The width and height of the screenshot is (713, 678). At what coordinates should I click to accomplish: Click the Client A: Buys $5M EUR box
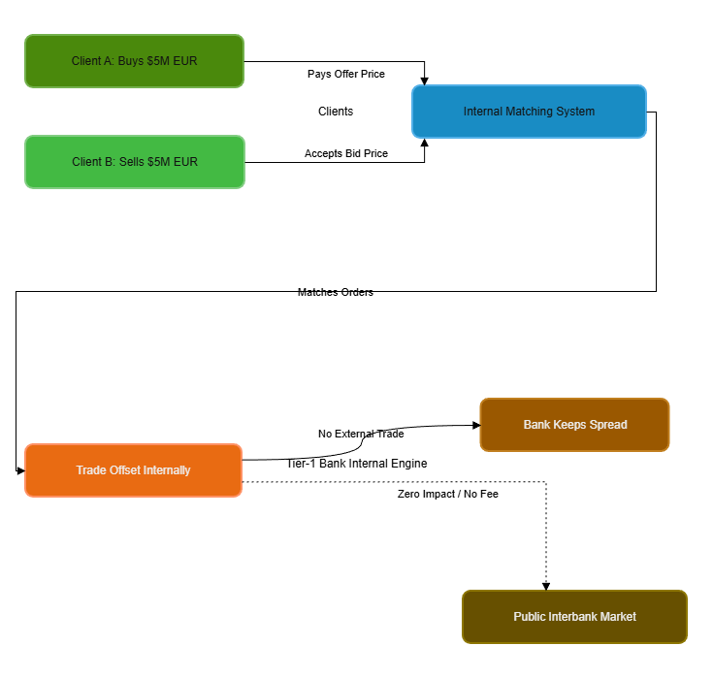coord(134,61)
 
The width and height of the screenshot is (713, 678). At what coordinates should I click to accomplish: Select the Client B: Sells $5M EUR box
coord(134,162)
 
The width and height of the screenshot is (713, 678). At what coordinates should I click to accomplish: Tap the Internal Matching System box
coord(529,112)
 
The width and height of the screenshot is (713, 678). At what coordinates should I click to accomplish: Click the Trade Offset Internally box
coord(133,470)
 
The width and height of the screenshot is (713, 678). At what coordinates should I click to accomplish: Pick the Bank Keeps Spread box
coord(574,425)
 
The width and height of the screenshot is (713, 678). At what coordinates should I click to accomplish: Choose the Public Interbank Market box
coord(574,617)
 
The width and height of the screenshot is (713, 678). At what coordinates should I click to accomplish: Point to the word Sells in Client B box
coord(133,162)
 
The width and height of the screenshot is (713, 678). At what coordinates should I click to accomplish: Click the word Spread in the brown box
coord(608,425)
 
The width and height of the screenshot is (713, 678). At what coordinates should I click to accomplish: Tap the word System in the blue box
coord(575,112)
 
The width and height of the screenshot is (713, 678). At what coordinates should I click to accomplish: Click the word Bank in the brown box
coord(537,425)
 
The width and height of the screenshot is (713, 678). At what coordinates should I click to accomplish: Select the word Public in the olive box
coord(531,617)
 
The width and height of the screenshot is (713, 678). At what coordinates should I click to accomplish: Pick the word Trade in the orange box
coord(91,470)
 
